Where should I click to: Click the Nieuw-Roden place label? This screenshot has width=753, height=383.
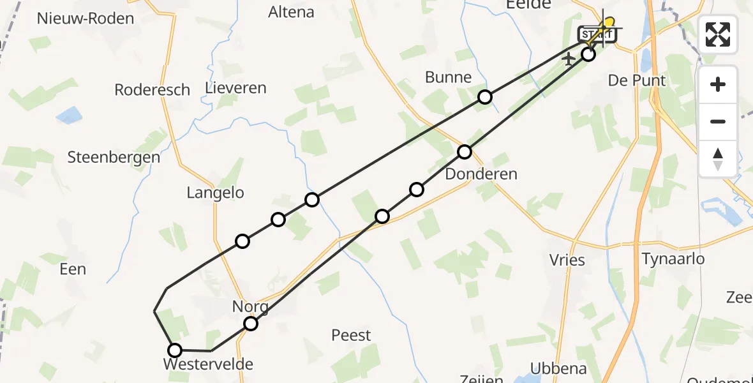[x=86, y=18]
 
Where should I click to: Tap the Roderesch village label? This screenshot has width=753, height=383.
[x=153, y=90]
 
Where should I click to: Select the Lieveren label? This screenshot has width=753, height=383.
[x=236, y=88]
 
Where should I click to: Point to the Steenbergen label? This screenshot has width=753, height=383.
[x=114, y=157]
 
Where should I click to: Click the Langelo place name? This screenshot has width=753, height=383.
[x=216, y=193]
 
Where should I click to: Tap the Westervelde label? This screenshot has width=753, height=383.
[x=209, y=364]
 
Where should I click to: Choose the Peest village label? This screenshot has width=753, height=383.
[x=352, y=335]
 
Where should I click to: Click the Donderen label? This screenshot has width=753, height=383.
[x=482, y=174]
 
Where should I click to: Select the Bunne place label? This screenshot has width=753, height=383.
[x=449, y=78]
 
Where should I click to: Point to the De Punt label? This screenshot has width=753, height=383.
[x=637, y=80]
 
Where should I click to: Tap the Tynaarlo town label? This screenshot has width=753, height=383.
[x=673, y=259]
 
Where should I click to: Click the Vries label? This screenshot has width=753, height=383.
[x=567, y=260]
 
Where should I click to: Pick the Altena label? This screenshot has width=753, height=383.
[x=292, y=11]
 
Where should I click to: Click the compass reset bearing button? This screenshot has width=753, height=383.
[x=718, y=158]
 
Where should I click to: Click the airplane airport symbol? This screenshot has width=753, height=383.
[x=569, y=59]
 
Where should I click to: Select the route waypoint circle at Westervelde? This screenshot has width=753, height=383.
[x=174, y=350]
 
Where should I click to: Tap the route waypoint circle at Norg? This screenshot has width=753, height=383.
[x=251, y=324]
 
